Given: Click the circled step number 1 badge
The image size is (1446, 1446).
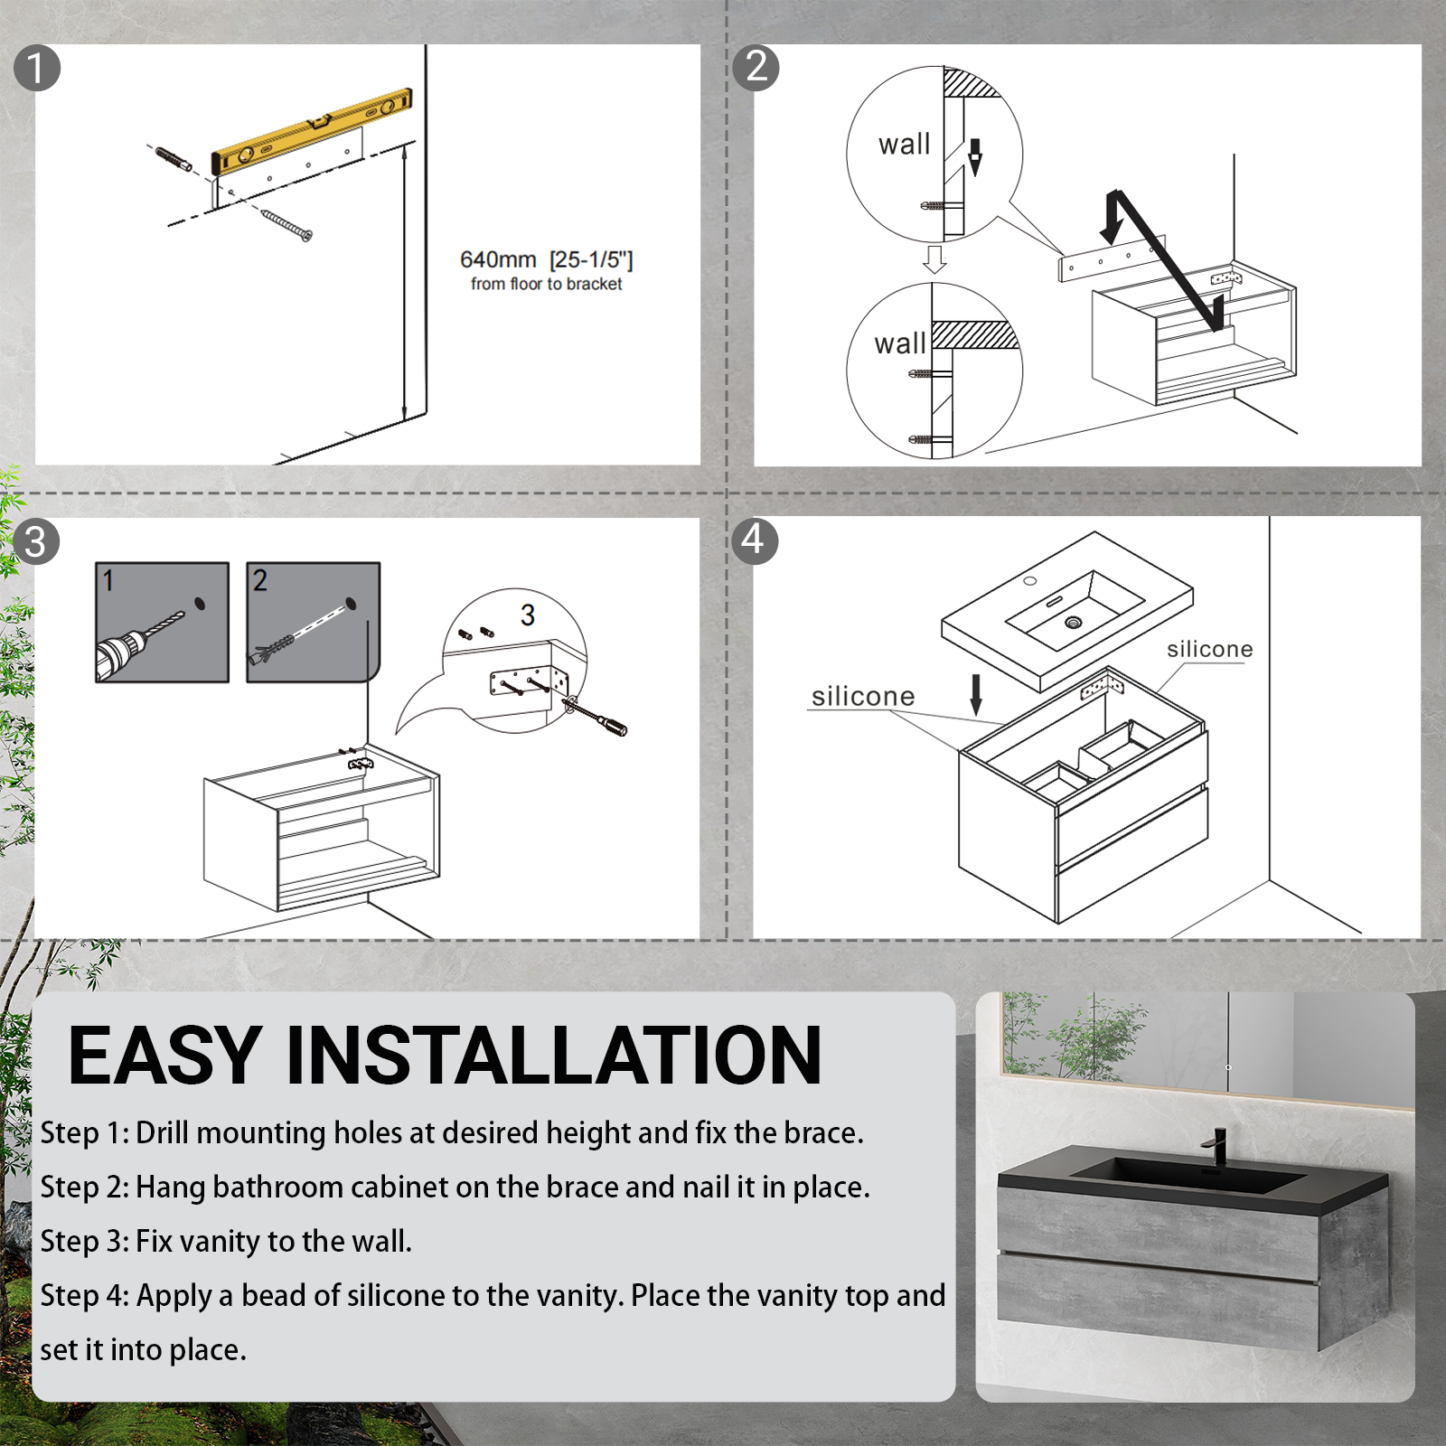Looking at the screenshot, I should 37,69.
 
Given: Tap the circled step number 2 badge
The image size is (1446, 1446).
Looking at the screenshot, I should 756,67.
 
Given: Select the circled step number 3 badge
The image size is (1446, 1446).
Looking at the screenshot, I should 36,542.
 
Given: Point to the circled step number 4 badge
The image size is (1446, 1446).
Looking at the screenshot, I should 754,540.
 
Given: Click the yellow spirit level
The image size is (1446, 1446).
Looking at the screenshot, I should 312,132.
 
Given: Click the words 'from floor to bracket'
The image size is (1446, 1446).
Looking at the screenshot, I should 546,284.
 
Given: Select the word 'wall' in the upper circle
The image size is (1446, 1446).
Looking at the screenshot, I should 904,145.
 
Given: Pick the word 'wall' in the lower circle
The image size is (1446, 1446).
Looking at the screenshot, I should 900,344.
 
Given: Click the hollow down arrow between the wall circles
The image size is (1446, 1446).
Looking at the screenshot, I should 934,258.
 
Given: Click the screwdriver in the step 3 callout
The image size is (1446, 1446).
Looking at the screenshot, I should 598,716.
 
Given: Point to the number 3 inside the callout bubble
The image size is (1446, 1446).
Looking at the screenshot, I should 528,615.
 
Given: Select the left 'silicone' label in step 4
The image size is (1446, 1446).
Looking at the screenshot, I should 863,696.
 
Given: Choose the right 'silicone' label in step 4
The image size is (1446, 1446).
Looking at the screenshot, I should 1209,649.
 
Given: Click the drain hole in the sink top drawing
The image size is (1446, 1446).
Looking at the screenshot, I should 1074,623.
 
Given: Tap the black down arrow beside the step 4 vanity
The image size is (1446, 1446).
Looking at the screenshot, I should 976,694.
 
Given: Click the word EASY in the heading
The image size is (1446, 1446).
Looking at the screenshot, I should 165,1056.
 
